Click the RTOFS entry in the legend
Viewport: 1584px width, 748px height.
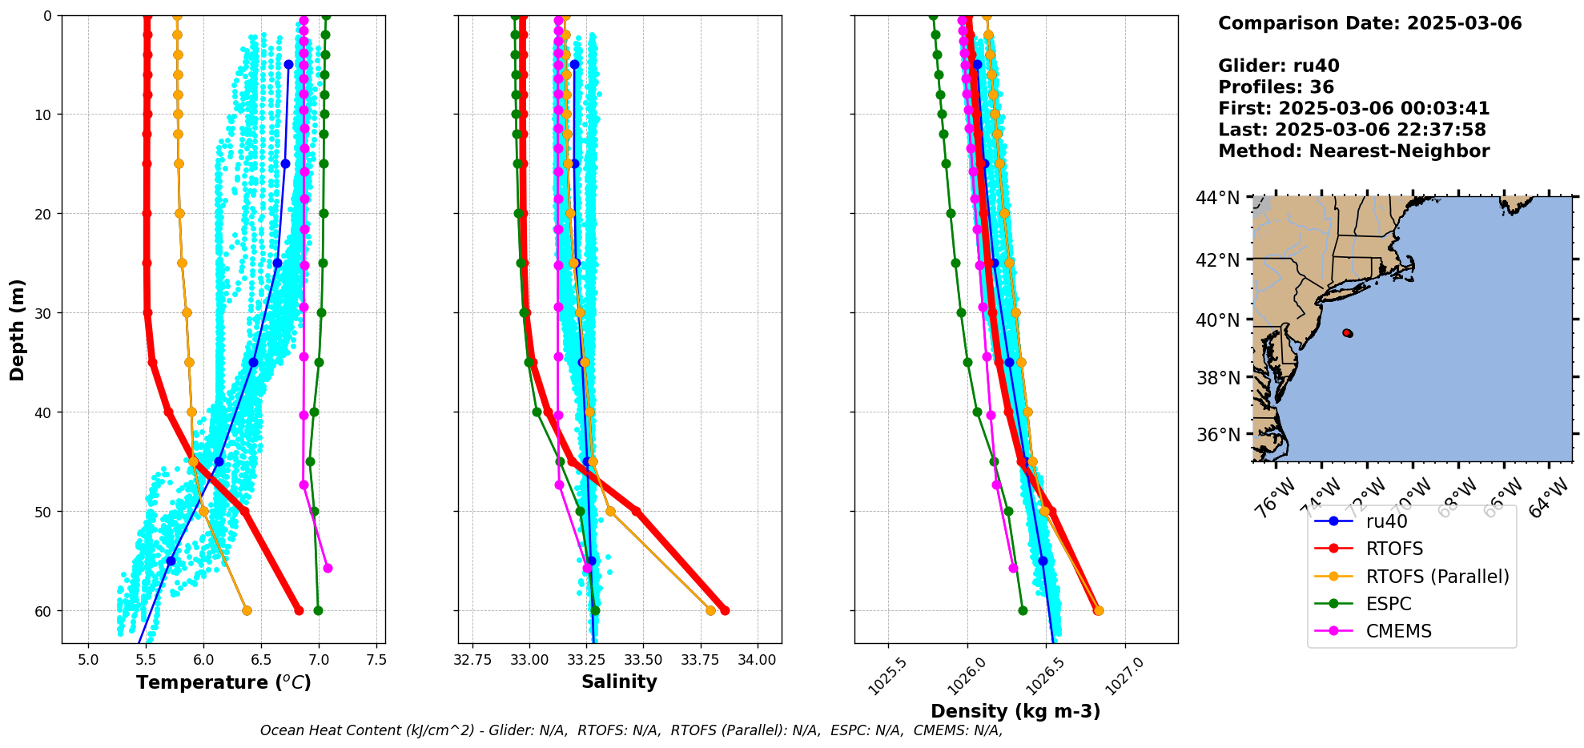pos(1394,549)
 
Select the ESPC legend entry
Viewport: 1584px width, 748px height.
pos(1389,604)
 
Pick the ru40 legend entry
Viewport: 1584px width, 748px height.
pos(1386,521)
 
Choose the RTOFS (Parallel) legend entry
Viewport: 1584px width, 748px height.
pos(1437,577)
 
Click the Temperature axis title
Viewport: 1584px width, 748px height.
pos(223,682)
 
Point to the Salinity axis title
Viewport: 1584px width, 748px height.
pos(619,682)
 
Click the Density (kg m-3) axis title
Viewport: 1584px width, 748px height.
pos(1015,711)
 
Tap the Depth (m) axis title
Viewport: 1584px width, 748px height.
pos(18,329)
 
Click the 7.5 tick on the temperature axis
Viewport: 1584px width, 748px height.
pos(376,660)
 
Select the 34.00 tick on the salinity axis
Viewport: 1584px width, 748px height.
pos(757,660)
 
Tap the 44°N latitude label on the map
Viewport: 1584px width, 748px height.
pos(1217,198)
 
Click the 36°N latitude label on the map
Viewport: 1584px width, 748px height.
pos(1217,435)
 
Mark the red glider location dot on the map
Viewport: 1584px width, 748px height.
pos(1347,332)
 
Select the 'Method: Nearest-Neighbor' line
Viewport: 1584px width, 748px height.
pos(1353,151)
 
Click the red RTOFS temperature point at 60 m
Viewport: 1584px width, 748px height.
pos(299,610)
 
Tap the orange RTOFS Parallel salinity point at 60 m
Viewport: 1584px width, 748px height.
pos(710,610)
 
